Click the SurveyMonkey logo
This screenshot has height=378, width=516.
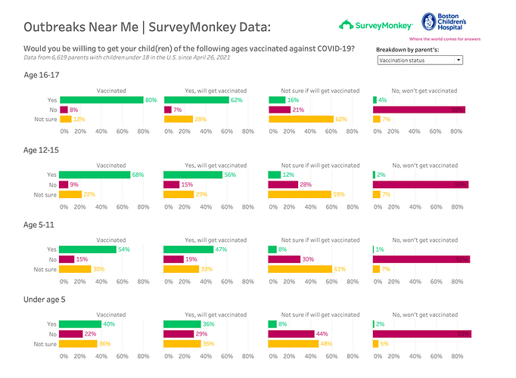coord(375,24)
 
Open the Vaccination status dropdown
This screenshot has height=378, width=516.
coord(420,60)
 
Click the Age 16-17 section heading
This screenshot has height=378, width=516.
coord(42,76)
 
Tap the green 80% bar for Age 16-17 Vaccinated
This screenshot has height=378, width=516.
coord(101,100)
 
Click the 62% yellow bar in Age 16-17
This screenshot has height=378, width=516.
coord(301,119)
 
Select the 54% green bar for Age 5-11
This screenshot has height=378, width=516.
coord(88,249)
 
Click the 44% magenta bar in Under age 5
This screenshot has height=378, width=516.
coord(291,333)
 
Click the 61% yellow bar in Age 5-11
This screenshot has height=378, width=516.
coord(300,268)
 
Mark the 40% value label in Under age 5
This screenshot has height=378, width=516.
coord(110,324)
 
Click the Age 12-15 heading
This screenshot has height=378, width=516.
coord(42,150)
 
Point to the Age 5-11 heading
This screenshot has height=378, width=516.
coord(40,225)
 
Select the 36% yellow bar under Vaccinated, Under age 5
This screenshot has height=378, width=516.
coord(79,343)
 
